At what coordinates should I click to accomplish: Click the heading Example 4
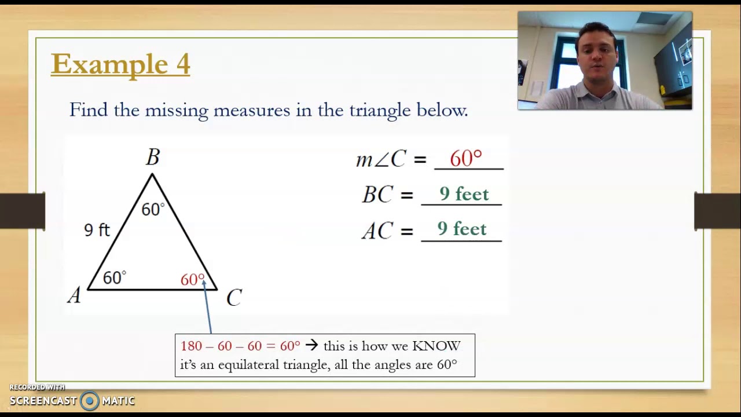coord(120,64)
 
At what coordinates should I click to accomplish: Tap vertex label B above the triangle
coord(153,158)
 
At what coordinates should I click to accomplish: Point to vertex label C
coord(234,298)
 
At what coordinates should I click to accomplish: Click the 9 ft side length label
coord(97,231)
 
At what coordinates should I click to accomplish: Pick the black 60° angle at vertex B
coord(153,209)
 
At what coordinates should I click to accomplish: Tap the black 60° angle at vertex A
coord(114,278)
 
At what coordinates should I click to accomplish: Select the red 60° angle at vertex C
coord(192,280)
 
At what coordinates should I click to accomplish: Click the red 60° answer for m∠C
coord(465,159)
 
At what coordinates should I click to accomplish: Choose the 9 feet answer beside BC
coord(464,194)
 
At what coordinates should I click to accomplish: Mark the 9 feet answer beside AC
coord(462,229)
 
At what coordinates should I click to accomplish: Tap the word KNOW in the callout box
coord(436,346)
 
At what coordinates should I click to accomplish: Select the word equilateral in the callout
coord(248,364)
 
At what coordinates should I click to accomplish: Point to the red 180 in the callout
coord(191,346)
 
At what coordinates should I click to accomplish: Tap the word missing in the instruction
coord(176,110)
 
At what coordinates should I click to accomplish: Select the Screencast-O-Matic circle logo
coord(90,401)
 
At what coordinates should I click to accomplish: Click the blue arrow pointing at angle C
coord(207,307)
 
